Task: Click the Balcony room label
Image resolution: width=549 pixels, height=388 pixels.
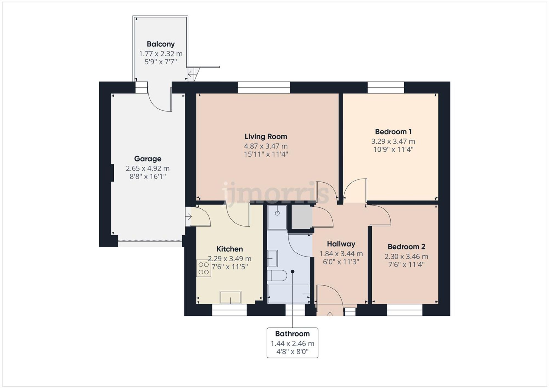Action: click(161, 44)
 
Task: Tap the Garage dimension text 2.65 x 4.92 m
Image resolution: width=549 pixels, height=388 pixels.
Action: click(148, 168)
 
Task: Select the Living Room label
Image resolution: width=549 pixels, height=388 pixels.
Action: click(266, 137)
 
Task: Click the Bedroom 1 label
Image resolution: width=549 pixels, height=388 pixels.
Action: click(393, 132)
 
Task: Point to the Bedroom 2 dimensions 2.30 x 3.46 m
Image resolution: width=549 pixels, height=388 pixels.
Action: click(406, 257)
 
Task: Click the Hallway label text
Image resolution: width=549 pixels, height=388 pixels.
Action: click(341, 244)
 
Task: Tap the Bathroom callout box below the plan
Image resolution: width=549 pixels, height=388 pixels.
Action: click(292, 343)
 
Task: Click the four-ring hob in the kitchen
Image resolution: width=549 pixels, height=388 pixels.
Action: click(204, 268)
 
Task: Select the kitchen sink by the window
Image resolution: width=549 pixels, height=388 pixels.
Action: click(230, 298)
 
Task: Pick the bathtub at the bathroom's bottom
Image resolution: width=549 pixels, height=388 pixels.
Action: click(288, 294)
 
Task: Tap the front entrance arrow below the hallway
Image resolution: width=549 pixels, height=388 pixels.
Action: click(330, 315)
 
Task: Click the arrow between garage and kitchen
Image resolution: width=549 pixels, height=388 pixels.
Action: click(188, 217)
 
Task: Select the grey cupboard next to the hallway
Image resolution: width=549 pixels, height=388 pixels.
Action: click(301, 217)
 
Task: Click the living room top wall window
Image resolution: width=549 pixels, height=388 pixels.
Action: click(264, 87)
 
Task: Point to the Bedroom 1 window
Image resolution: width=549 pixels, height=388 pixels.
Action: click(386, 87)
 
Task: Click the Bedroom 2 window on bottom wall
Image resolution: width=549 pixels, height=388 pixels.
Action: click(404, 310)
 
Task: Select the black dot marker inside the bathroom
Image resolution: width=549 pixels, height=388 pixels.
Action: click(293, 272)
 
